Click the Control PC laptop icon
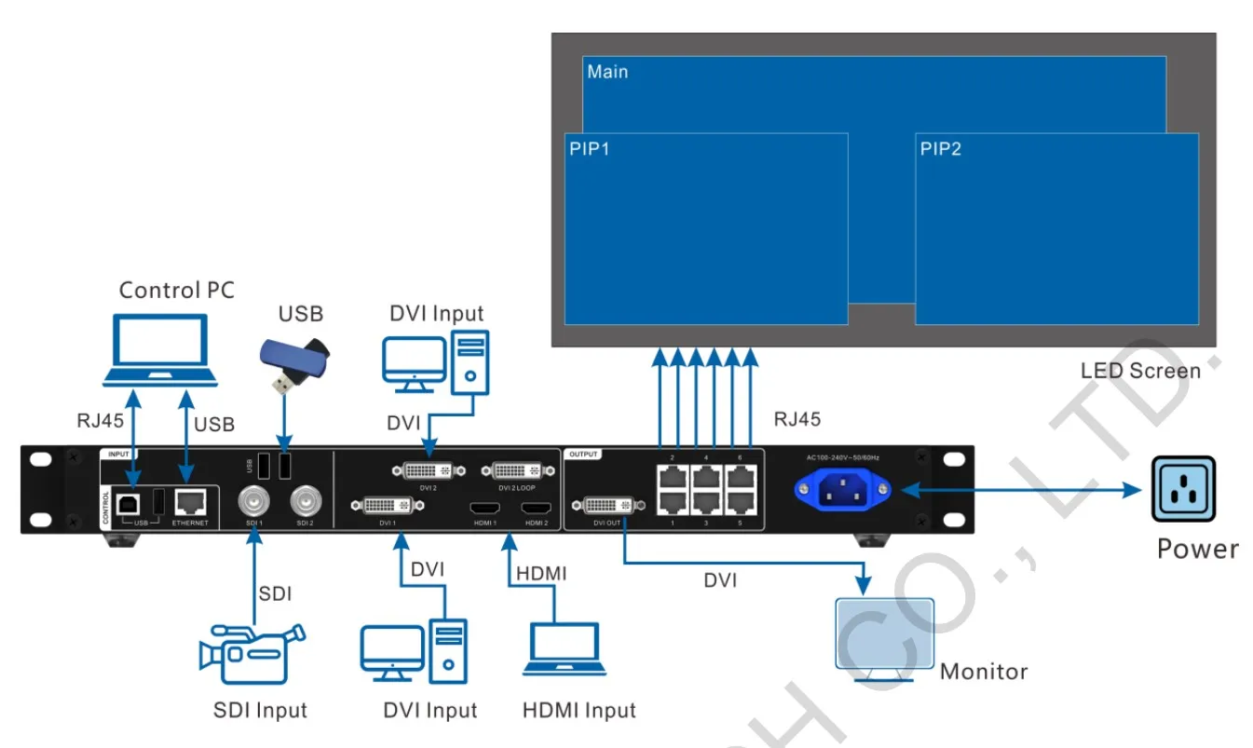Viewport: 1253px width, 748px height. (x=159, y=350)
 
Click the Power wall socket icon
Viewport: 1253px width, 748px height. (x=1182, y=489)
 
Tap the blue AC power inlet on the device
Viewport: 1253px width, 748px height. (x=841, y=489)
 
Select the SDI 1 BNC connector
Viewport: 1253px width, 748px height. (x=254, y=503)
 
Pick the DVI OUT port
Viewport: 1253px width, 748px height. (x=609, y=506)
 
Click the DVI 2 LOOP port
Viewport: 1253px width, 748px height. (x=521, y=469)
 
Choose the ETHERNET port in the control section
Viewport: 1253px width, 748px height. (x=190, y=503)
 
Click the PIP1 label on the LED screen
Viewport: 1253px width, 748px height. (x=589, y=149)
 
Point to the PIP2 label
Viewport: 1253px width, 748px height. (x=940, y=149)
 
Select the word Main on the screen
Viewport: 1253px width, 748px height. (x=607, y=72)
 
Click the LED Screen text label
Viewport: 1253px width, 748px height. (x=1140, y=371)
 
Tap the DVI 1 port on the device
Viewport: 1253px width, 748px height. (x=388, y=506)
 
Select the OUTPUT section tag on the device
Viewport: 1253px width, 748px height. (x=584, y=455)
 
